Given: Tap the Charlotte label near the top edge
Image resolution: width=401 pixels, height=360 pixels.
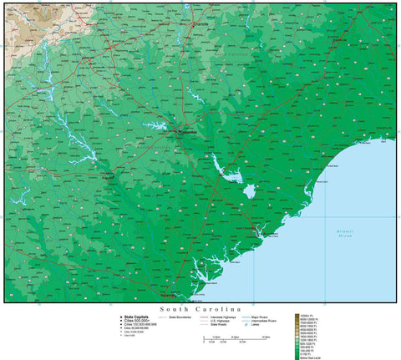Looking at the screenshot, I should point(199,24).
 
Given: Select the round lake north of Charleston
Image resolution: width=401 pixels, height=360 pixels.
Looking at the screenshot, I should point(248,194).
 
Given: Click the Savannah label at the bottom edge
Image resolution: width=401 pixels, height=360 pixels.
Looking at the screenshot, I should point(168,295).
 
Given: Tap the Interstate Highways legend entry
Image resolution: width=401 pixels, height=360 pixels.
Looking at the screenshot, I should point(222,317).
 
